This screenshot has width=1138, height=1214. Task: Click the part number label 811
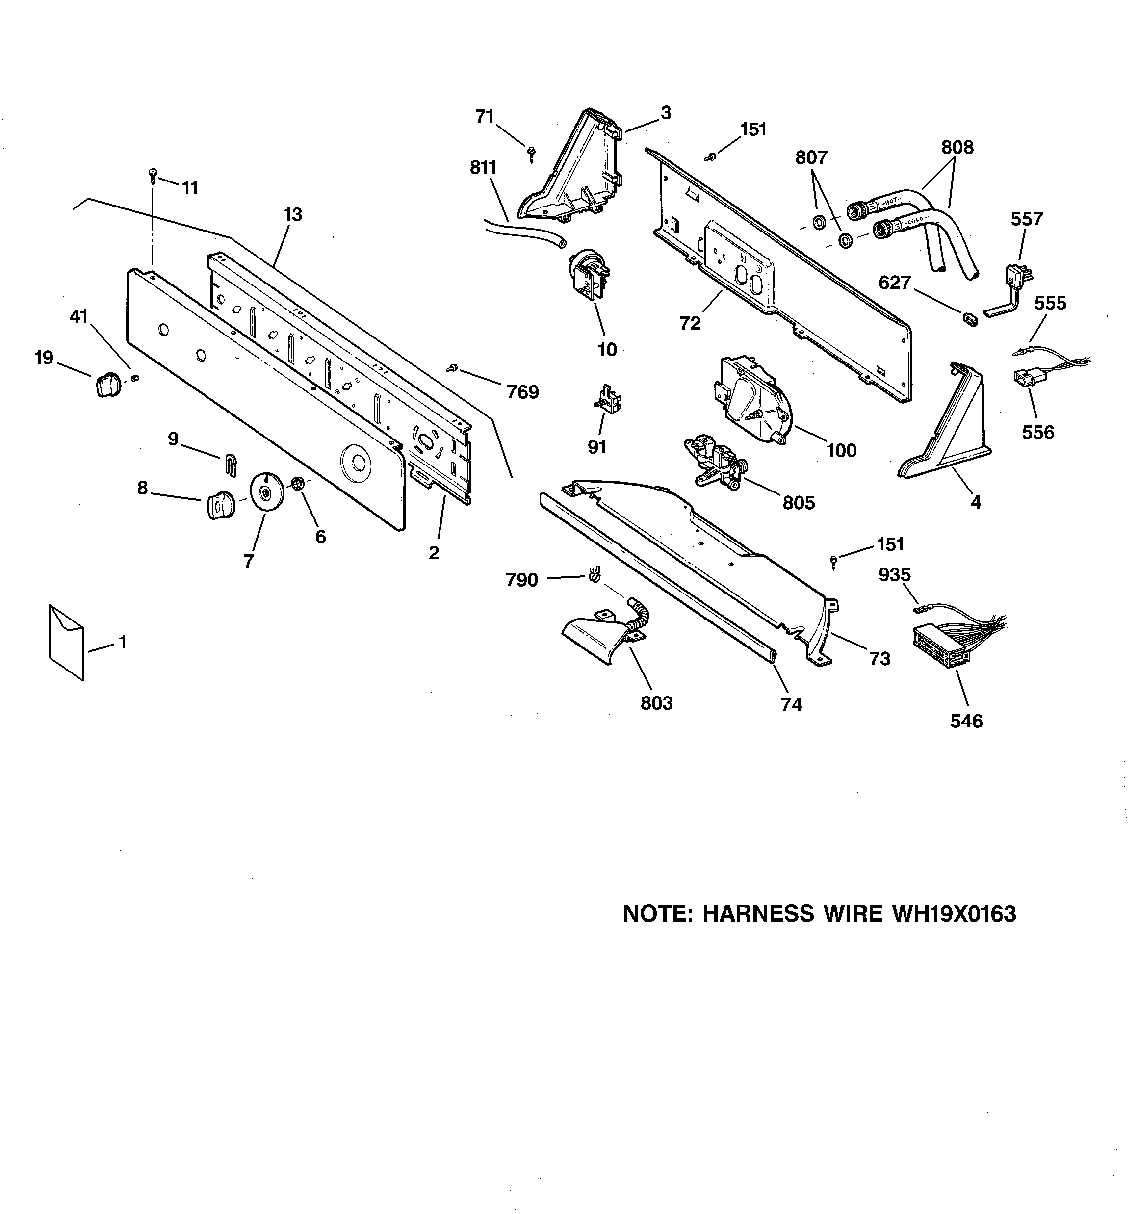click(483, 167)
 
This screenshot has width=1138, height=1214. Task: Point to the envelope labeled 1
click(66, 642)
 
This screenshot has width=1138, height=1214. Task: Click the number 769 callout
click(522, 392)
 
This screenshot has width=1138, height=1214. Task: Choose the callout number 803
click(656, 703)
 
